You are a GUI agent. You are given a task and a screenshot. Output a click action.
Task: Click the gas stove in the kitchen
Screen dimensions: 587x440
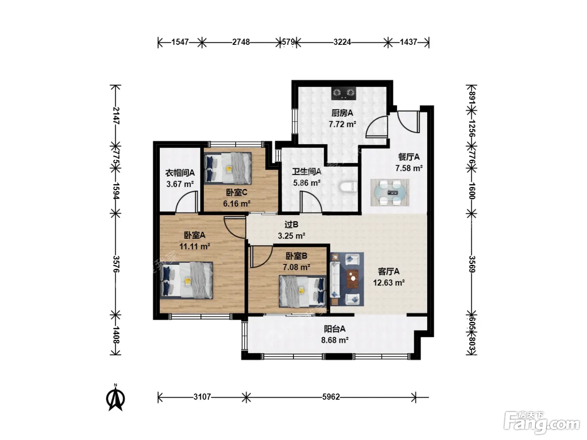pyautogui.click(x=344, y=93)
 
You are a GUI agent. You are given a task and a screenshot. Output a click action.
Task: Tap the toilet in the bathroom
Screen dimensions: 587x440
pyautogui.click(x=348, y=187)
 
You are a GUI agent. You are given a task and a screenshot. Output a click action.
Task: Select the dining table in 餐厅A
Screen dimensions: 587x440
pyautogui.click(x=390, y=193)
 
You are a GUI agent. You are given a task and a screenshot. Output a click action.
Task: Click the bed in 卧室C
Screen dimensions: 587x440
pyautogui.click(x=228, y=168)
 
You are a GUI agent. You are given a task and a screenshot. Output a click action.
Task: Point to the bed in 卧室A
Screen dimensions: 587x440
pyautogui.click(x=187, y=280)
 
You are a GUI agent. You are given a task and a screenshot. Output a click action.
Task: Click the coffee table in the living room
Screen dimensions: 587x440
pyautogui.click(x=353, y=279)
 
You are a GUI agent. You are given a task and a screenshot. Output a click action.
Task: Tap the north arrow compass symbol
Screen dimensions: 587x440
pyautogui.click(x=116, y=397)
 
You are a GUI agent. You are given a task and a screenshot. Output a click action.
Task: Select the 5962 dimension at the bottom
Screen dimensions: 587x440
pyautogui.click(x=331, y=397)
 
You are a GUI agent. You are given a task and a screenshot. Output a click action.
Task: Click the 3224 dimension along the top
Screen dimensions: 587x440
pyautogui.click(x=342, y=42)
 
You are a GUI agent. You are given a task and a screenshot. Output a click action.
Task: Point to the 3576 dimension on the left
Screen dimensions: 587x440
pyautogui.click(x=116, y=264)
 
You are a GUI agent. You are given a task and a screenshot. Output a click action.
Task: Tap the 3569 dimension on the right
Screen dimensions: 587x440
pyautogui.click(x=472, y=264)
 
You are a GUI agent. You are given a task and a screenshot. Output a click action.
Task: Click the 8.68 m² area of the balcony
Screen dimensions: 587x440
pyautogui.click(x=335, y=340)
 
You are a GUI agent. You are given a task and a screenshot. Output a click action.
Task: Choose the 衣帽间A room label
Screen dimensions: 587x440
pyautogui.click(x=180, y=173)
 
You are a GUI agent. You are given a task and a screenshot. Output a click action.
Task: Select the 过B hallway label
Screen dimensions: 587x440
pyautogui.click(x=291, y=225)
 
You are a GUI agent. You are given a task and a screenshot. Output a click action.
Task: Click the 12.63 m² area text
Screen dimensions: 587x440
pyautogui.click(x=389, y=282)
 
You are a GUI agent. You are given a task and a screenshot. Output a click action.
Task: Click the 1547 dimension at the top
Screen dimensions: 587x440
pyautogui.click(x=180, y=42)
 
